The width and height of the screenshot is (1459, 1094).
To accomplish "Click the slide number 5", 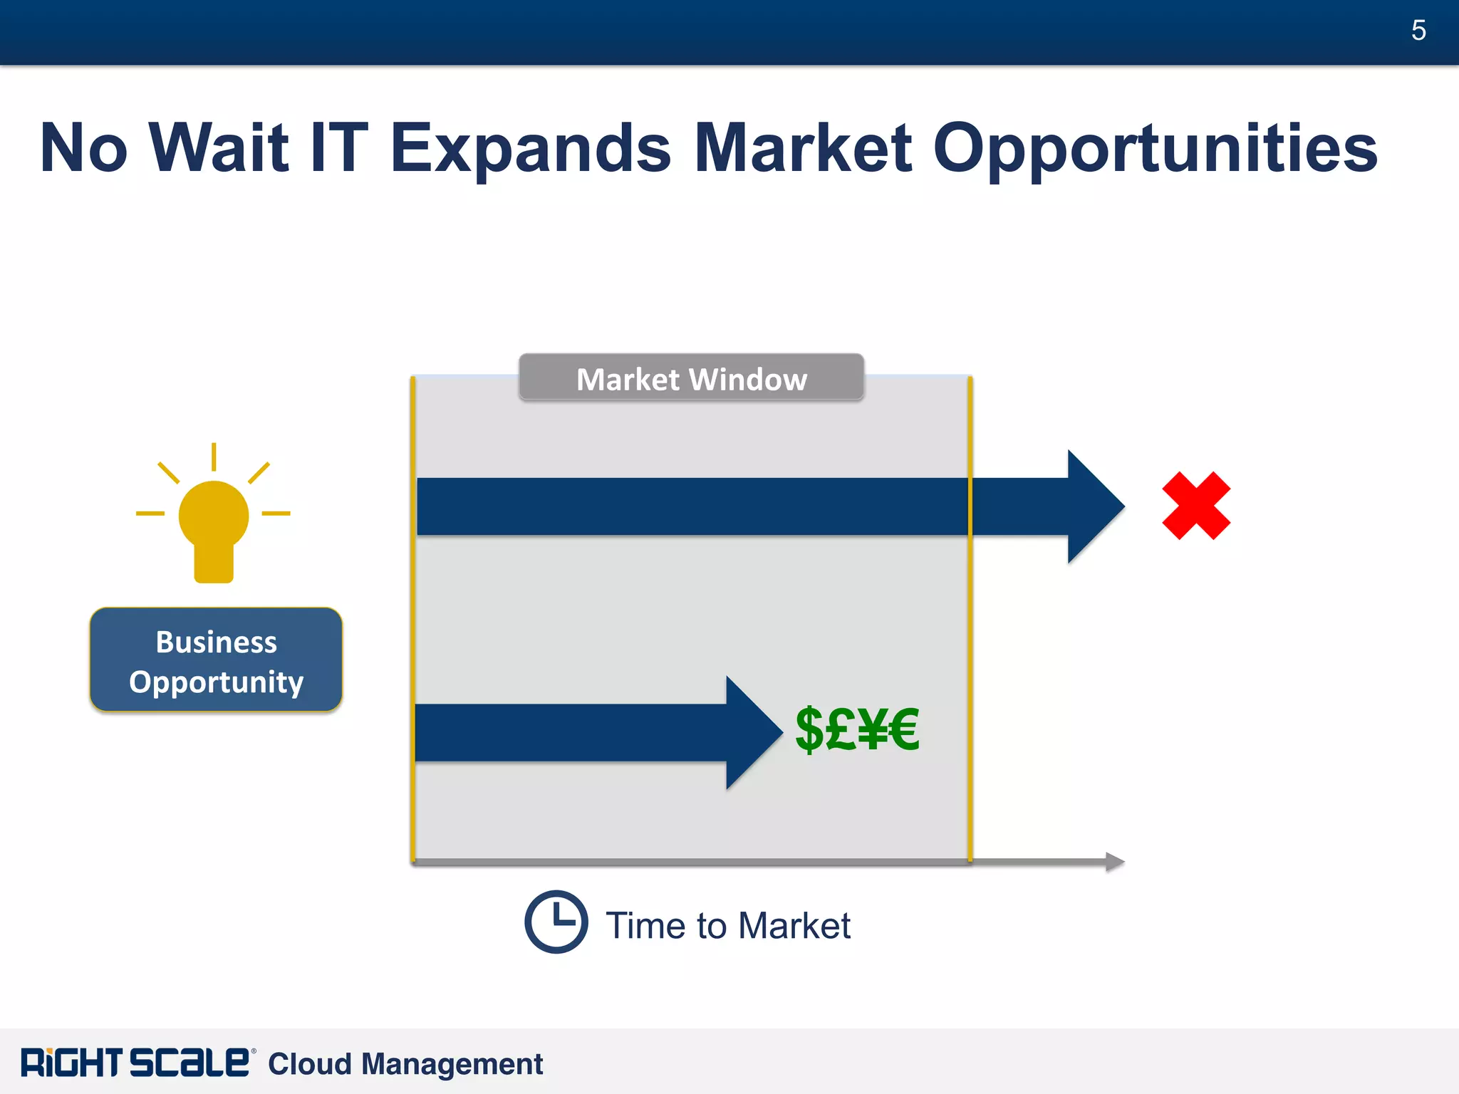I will (1418, 31).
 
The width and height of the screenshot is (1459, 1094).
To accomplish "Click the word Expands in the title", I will (531, 149).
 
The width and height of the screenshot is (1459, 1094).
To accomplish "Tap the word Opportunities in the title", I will (1155, 149).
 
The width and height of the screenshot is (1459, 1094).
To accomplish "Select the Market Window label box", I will (691, 378).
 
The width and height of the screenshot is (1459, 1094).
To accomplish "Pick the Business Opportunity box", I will (216, 660).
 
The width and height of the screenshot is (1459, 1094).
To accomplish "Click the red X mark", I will (1196, 506).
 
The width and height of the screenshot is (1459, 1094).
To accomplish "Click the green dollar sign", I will (810, 729).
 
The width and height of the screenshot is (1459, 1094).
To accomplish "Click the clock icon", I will (556, 922).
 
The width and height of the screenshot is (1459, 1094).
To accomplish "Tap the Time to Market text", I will (728, 926).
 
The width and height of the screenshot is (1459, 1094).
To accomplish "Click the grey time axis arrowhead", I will (1115, 862).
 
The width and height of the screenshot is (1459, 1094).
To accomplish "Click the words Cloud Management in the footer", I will (405, 1064).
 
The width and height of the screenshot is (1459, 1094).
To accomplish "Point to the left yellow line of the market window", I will (412, 620).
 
